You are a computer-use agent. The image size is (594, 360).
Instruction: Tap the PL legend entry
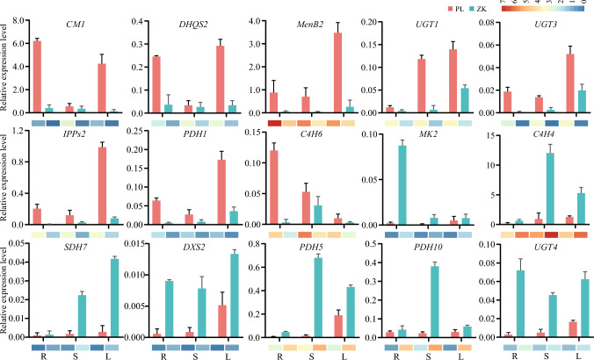click(525, 8)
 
